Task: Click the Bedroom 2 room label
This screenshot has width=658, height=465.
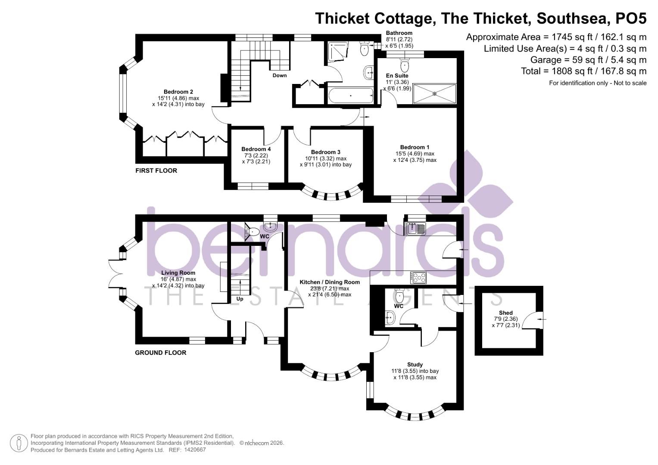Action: tap(178, 92)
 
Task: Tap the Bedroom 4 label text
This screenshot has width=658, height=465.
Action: tap(256, 149)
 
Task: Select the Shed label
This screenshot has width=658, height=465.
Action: tap(505, 313)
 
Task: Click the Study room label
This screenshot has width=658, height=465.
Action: tap(415, 364)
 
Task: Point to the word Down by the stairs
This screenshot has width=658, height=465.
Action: tap(279, 75)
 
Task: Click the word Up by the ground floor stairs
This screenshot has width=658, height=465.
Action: tap(240, 298)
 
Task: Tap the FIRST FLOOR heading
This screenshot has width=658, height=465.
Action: tap(156, 170)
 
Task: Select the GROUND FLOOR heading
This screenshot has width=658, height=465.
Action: tap(160, 353)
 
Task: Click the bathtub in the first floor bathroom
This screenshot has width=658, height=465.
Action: tap(350, 96)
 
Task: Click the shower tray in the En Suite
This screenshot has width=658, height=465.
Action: tap(434, 93)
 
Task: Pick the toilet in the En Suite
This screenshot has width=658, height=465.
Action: tap(405, 65)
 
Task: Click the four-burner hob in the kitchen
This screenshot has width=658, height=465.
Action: tap(418, 278)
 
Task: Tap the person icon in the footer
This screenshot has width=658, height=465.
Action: tap(18, 443)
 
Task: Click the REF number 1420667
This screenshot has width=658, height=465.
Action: tap(195, 450)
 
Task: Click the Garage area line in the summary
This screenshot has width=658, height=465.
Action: tap(588, 60)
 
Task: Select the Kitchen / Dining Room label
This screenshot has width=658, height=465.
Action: tap(330, 282)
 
